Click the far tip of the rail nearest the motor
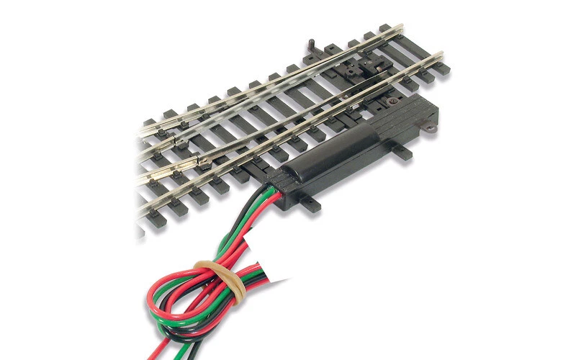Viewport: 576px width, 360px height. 441,53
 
